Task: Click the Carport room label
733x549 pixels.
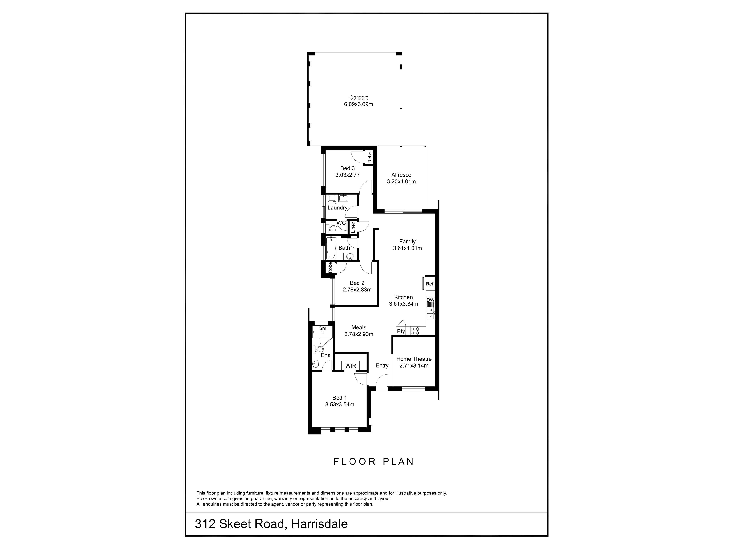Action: pos(358,98)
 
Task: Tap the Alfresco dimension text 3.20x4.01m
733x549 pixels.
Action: pos(401,181)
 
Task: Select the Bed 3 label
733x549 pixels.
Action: pos(347,168)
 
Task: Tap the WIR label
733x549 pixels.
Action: pos(351,366)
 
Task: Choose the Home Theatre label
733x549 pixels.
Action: pos(414,359)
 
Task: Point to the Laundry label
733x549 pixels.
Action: pos(337,208)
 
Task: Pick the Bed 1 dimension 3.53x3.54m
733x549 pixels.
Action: pos(339,404)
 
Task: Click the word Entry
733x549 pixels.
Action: pos(382,365)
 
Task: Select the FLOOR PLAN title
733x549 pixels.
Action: pos(373,461)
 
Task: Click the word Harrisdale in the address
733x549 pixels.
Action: pos(319,524)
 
